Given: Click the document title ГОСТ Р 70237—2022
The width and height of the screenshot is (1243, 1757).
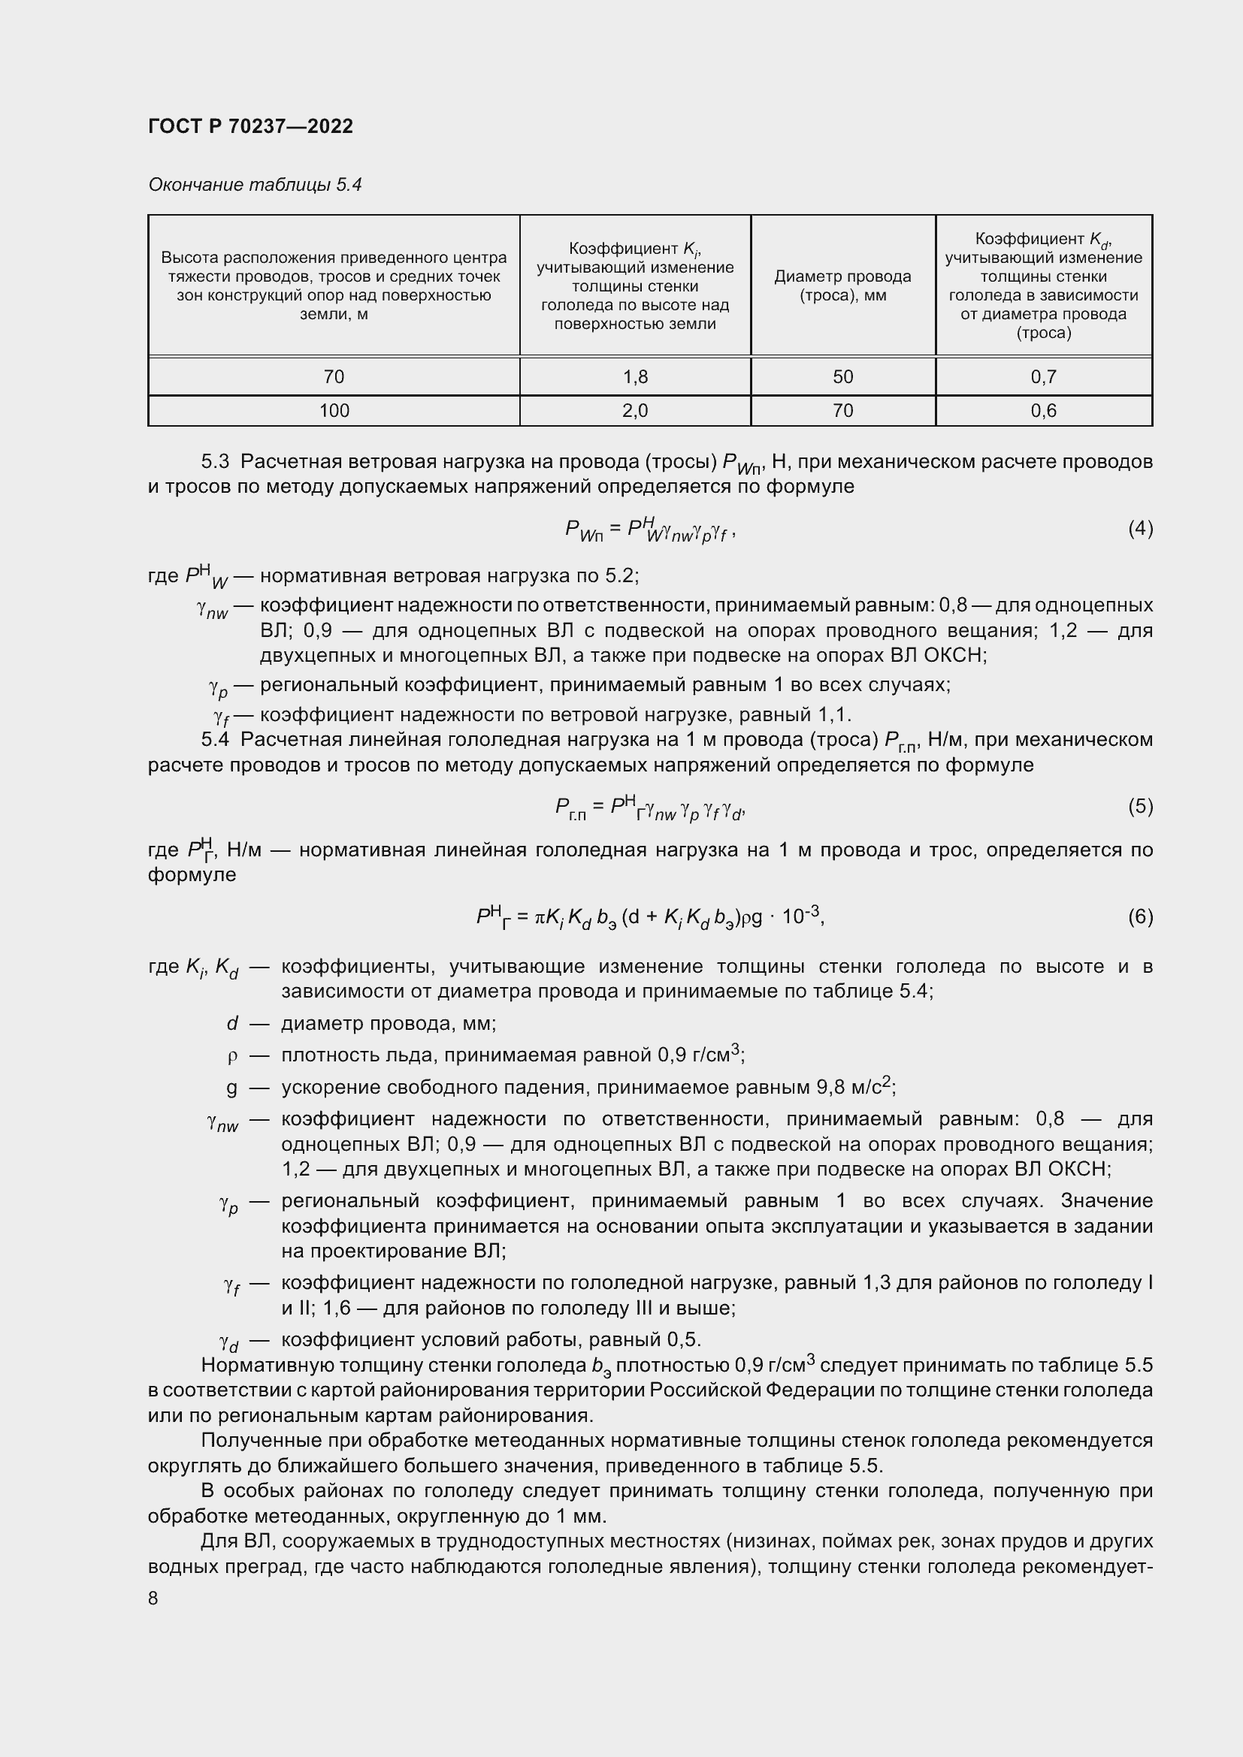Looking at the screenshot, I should pos(250,126).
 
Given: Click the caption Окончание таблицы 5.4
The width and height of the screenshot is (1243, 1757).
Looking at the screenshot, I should pos(254,185).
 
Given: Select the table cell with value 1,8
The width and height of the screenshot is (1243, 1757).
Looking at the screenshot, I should pos(634,376).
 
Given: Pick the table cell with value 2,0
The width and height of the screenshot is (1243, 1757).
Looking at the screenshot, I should pos(634,411).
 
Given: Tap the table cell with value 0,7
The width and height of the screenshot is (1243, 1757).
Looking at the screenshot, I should pos(1043,376).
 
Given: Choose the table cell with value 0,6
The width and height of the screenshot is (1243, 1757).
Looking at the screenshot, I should pos(1043,411).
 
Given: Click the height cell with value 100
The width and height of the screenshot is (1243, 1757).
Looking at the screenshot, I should pos(334,411).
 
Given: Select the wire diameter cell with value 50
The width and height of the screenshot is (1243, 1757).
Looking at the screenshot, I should pos(842,376).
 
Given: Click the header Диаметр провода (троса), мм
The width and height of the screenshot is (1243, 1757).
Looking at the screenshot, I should pos(842,285).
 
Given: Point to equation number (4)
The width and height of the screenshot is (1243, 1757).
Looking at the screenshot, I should pos(1140,528).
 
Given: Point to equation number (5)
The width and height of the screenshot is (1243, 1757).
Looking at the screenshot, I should pos(1140,806).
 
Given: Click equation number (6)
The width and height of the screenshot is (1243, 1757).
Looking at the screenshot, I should pos(1140,916).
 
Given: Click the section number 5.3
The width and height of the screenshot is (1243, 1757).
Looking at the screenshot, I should pos(215,461).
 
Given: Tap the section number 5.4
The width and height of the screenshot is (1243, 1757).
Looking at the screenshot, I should pos(215,740).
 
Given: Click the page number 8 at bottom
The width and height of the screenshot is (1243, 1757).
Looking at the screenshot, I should pos(153,1599).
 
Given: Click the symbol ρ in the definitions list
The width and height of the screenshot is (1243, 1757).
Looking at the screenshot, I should pos(233,1056).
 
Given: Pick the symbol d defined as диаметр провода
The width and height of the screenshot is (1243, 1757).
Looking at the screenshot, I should pos(233,1024).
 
